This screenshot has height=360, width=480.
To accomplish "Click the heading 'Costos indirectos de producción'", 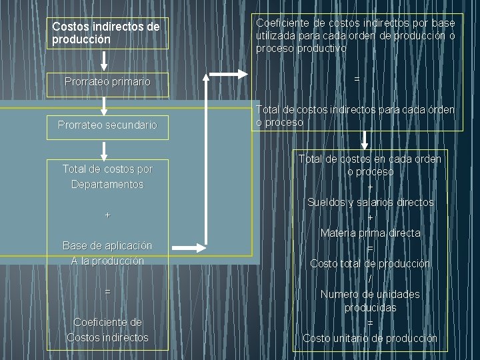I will click(106, 33).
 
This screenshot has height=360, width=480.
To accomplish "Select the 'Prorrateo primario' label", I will click(107, 81).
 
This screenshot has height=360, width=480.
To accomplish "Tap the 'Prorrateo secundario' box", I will click(107, 125).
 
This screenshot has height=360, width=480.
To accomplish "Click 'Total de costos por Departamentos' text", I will click(107, 177).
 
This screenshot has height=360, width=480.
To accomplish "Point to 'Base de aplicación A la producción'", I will click(107, 253).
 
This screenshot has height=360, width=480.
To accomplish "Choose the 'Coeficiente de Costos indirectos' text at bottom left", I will click(107, 330).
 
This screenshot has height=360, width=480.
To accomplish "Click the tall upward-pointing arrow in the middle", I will click(207, 160).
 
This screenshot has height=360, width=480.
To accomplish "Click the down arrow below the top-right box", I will click(365, 140).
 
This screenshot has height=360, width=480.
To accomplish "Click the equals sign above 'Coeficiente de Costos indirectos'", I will click(107, 292).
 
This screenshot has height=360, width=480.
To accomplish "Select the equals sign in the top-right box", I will click(357, 79).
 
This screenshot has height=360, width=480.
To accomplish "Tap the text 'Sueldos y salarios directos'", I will click(370, 202).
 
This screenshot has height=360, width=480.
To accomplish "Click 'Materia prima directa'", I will click(370, 233).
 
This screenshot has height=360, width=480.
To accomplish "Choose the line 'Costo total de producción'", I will click(370, 263).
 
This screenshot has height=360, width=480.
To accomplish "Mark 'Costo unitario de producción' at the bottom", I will click(370, 338).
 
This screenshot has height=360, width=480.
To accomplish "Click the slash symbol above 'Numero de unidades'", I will click(370, 279).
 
